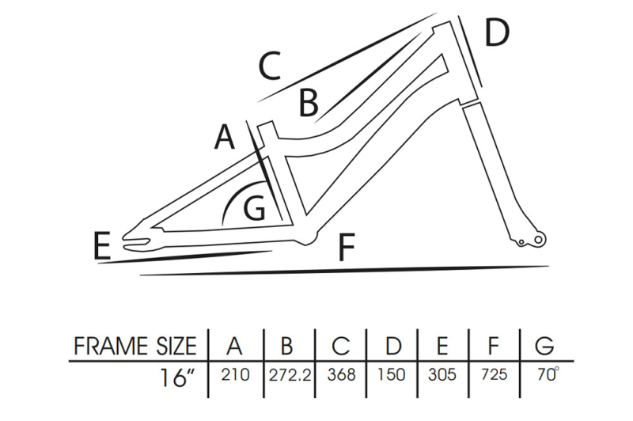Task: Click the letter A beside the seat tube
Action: (x=226, y=138)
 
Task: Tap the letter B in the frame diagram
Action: (x=308, y=102)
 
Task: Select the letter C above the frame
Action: (x=270, y=66)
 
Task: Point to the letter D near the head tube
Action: (x=496, y=33)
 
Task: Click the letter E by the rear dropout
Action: (x=101, y=246)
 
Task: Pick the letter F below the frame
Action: (x=345, y=248)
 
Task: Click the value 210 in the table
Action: (x=234, y=375)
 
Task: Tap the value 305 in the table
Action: (x=441, y=375)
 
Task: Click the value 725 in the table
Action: (x=494, y=375)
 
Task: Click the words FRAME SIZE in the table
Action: (x=135, y=347)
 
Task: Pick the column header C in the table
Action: (x=341, y=347)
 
